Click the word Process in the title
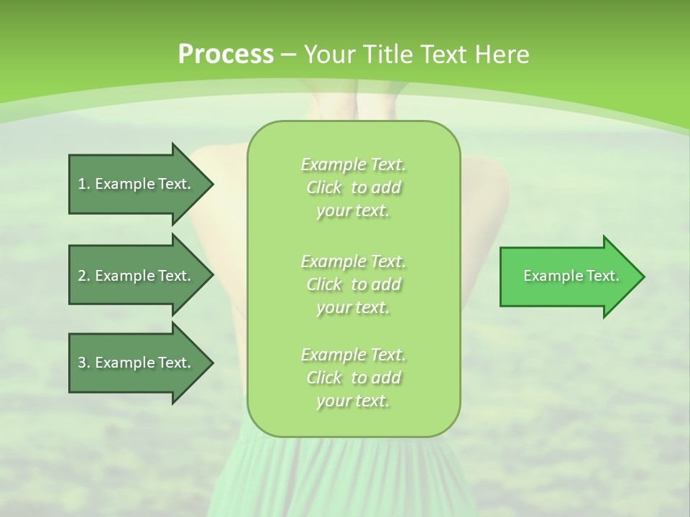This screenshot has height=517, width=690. [x=226, y=55]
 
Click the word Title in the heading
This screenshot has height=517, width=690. [x=387, y=55]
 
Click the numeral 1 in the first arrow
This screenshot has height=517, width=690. [x=82, y=184]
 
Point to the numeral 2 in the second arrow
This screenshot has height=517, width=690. [x=82, y=276]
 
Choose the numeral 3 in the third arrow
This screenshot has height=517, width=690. [x=82, y=363]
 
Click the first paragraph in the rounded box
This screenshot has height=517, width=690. [x=354, y=187]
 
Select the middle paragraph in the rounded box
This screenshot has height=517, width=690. [x=354, y=284]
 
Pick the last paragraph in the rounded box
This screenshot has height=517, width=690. [x=354, y=378]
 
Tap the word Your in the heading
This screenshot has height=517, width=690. [x=329, y=55]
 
